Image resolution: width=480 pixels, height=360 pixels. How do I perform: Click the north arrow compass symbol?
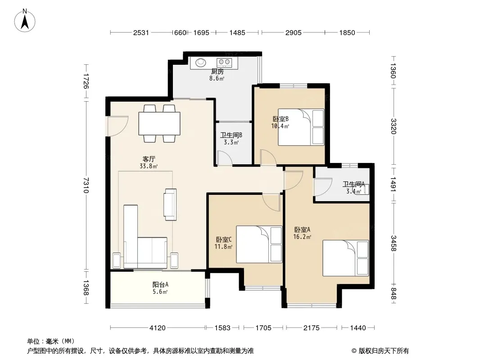25,21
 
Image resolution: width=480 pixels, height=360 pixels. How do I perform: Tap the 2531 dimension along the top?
141,33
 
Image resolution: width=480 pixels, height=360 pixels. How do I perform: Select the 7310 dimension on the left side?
86,185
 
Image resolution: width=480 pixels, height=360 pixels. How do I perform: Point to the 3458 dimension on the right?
394,243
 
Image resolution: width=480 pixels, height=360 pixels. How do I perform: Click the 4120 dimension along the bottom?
157,328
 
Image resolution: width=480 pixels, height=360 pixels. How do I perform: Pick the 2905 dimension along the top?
294,33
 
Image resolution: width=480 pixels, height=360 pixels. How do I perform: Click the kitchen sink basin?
201,63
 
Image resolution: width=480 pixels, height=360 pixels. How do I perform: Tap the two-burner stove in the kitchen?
224,63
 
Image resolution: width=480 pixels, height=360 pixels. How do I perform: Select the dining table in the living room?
159,124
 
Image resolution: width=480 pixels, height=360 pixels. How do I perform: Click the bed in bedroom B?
301,127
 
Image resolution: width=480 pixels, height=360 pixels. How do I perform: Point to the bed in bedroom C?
259,244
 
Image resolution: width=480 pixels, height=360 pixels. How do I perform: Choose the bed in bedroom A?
346,258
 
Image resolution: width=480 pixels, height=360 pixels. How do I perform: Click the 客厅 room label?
149,159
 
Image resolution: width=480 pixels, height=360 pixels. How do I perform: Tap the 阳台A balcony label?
160,284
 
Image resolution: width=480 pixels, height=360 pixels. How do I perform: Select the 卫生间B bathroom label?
231,135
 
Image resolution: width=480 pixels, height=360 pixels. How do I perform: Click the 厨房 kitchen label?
217,72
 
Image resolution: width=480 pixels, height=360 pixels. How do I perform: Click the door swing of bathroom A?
323,187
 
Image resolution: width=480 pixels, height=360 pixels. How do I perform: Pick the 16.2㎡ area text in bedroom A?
302,237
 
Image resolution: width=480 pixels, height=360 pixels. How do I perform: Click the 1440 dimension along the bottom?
358,328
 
